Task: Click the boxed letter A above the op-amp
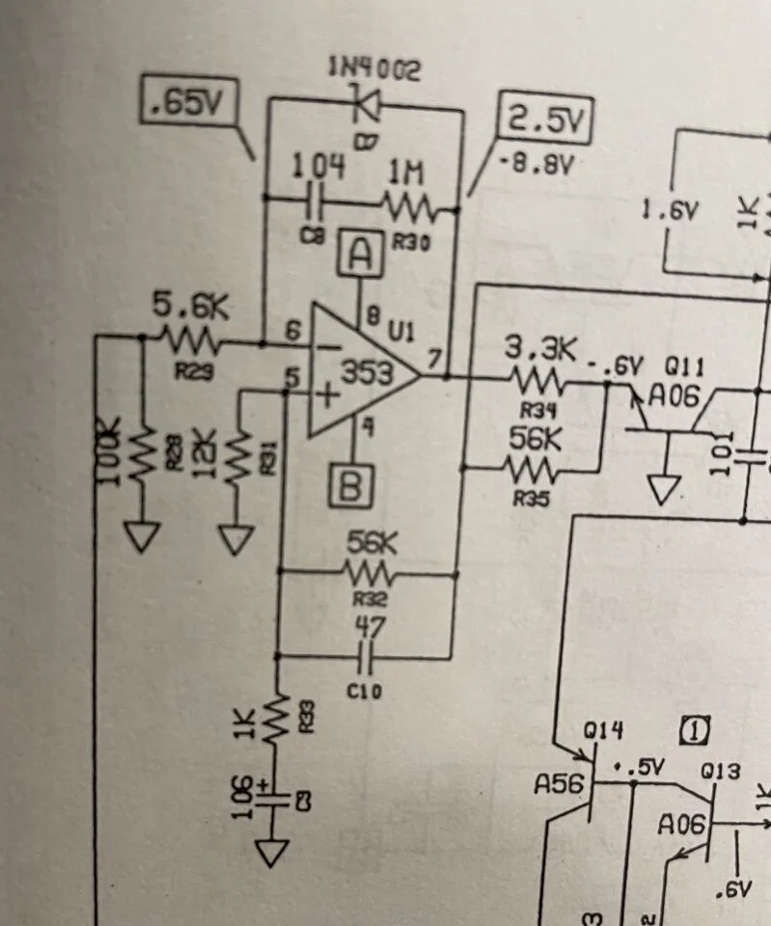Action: point(360,256)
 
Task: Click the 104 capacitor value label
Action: point(317,166)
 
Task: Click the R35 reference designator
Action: point(531,500)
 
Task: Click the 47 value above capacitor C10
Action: point(370,627)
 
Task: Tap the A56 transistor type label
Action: point(560,785)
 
